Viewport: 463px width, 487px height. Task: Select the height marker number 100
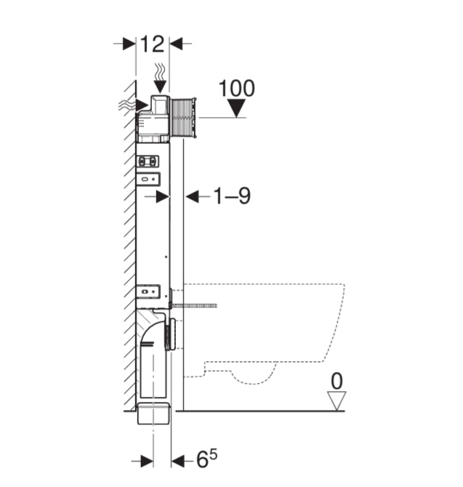point(236,89)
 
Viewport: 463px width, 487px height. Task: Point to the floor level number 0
point(336,379)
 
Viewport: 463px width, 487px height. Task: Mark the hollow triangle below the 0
point(336,399)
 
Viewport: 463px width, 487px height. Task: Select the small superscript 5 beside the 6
point(212,454)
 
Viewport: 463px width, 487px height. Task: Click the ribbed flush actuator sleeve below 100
point(183,116)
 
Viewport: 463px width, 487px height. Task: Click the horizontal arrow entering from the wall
point(141,105)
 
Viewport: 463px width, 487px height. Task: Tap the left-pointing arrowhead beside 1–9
point(192,196)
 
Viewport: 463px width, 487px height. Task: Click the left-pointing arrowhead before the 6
point(178,461)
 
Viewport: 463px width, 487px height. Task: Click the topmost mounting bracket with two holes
point(150,161)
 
